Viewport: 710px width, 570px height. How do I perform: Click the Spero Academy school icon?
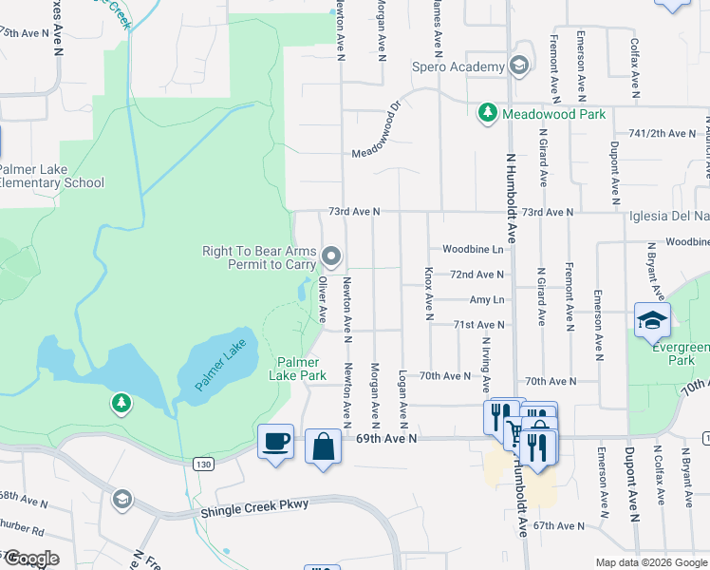(x=518, y=66)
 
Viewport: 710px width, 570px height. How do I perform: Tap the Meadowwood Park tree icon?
(x=488, y=113)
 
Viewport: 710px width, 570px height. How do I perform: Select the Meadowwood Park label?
(x=553, y=114)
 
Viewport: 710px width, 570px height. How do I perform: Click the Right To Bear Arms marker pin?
(x=331, y=256)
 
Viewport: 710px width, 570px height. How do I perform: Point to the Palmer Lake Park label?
(x=302, y=370)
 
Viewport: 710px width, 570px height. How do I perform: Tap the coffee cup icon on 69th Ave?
(x=275, y=442)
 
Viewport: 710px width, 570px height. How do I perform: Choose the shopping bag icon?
(x=323, y=446)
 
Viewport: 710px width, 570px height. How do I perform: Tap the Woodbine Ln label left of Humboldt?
(x=473, y=249)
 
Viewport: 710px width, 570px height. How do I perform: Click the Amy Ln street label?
(x=486, y=299)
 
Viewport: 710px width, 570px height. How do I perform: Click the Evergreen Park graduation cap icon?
(x=653, y=320)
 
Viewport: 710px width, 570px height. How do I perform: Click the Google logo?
(x=30, y=559)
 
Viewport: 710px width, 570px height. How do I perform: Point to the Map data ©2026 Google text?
(x=650, y=562)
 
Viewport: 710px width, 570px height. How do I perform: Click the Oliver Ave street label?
(x=323, y=298)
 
